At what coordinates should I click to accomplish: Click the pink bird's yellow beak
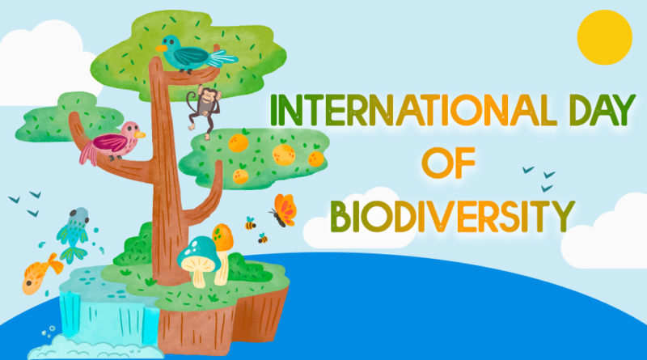coord(142,135)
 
